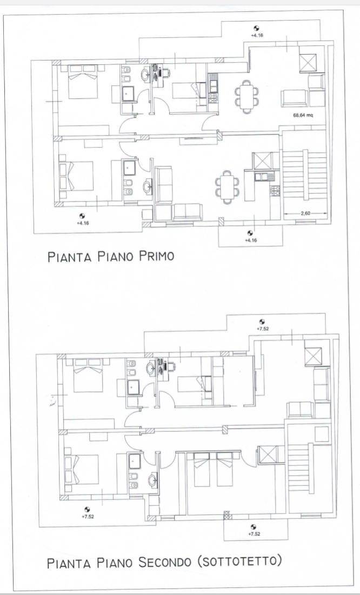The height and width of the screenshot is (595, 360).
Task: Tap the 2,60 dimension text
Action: [306, 213]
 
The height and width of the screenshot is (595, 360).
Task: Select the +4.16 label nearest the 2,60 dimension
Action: [250, 239]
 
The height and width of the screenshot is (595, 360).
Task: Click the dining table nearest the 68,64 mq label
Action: [246, 96]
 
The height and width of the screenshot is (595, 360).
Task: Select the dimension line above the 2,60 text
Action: [306, 218]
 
